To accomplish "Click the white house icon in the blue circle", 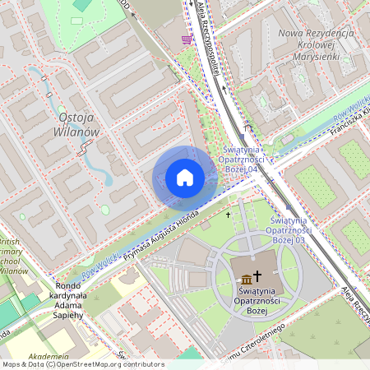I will pos(185,178).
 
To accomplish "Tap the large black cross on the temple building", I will pos(257,276).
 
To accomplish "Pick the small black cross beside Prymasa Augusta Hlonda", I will pos(228,215).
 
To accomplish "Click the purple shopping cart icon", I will pos(187,39).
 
